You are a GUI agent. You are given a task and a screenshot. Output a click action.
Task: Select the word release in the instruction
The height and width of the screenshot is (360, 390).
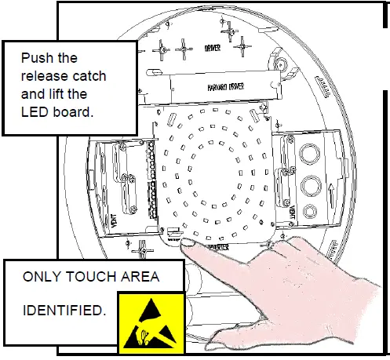pos(43,76)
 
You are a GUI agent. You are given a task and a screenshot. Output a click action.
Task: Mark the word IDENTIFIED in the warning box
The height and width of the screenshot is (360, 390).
pos(63,311)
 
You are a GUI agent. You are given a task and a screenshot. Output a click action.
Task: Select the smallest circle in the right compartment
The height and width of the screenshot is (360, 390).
pos(309,210)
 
